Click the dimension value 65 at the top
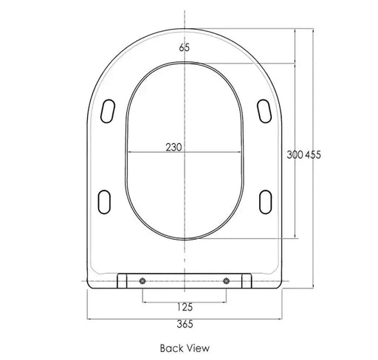tap(184, 48)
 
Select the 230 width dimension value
tap(173, 147)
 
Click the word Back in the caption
tap(171, 347)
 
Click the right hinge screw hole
tap(226, 280)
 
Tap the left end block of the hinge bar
tap(123, 280)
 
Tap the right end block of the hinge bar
tap(246, 280)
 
